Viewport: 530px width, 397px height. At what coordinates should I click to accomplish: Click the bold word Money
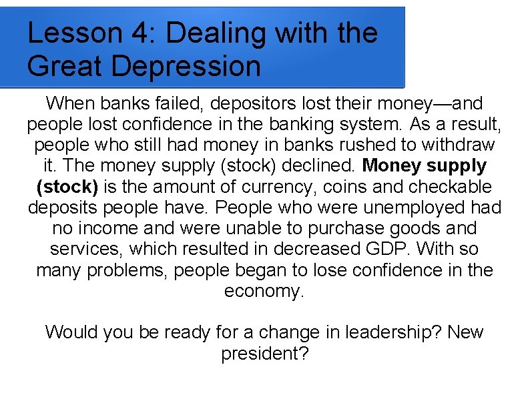pyautogui.click(x=394, y=165)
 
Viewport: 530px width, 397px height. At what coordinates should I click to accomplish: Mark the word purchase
pyautogui.click(x=347, y=228)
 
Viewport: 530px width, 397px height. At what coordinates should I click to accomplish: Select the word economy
pyautogui.click(x=264, y=291)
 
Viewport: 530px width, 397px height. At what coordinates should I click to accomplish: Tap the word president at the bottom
pyautogui.click(x=260, y=353)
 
